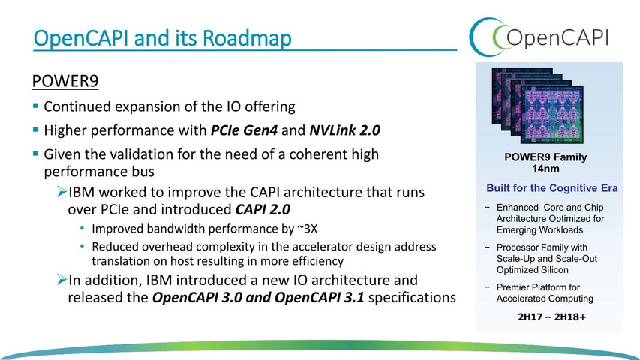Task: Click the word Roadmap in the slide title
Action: pos(247,38)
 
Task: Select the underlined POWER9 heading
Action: pos(65,81)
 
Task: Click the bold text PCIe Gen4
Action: pos(244,130)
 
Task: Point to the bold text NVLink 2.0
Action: pos(345,130)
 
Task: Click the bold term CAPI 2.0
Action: pos(263,209)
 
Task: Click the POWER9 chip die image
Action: pos(537,105)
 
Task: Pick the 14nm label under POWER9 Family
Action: pos(545,169)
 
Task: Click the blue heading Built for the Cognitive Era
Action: pos(551,188)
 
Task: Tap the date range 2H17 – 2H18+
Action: pos(551,316)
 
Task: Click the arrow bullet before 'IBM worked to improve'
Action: pos(62,191)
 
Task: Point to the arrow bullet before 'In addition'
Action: pos(62,279)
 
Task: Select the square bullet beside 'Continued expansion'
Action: pos(35,106)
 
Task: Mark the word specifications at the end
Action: pos(412,298)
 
